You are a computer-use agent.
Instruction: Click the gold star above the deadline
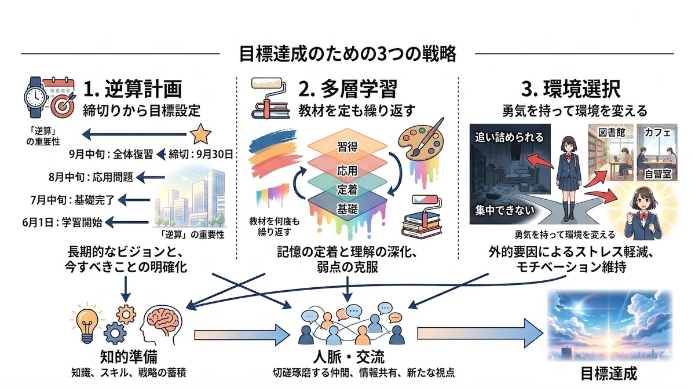[200, 134]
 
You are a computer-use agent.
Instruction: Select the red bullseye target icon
[63, 105]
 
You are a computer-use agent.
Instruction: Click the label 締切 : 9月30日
[201, 154]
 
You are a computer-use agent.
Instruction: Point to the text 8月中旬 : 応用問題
[90, 177]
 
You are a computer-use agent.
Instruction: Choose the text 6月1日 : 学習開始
[62, 222]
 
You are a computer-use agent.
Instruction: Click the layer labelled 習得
[348, 146]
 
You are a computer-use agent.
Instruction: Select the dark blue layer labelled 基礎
[348, 208]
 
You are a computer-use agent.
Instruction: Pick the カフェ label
[657, 133]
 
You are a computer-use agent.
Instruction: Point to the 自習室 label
[658, 174]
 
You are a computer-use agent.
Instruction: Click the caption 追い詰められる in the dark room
[509, 137]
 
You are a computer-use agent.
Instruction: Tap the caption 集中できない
[505, 210]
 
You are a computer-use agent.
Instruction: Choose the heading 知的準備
[129, 356]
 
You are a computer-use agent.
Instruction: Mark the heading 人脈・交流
[349, 356]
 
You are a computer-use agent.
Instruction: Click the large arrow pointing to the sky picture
[480, 334]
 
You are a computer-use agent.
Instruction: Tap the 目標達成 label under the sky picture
[609, 374]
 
